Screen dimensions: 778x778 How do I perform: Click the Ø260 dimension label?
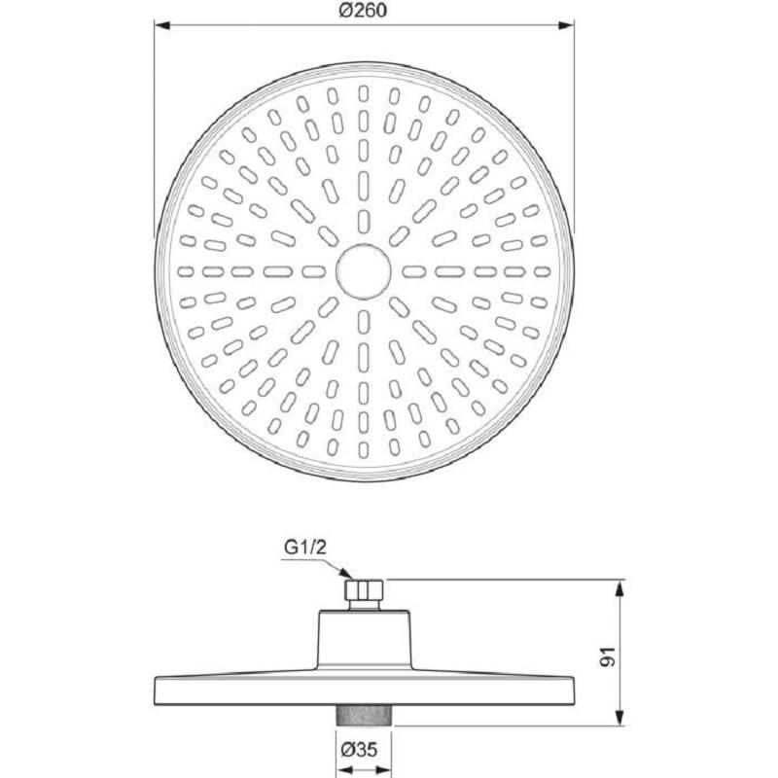pyautogui.click(x=363, y=10)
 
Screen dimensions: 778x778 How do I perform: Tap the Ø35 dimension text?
pyautogui.click(x=359, y=749)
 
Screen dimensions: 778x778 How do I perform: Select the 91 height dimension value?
pyautogui.click(x=608, y=656)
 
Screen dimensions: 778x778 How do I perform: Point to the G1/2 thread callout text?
pyautogui.click(x=305, y=548)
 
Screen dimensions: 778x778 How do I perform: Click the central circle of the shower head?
pyautogui.click(x=363, y=271)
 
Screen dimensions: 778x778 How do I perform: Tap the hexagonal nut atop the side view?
pyautogui.click(x=364, y=588)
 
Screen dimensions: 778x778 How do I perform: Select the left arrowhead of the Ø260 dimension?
pyautogui.click(x=162, y=25)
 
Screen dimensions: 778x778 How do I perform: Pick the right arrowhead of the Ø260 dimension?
pyautogui.click(x=567, y=25)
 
